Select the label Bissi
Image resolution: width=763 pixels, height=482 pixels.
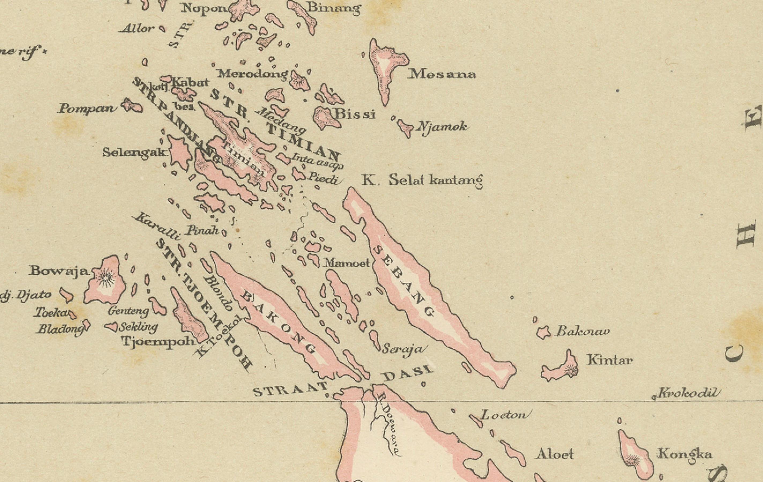(x=355, y=114)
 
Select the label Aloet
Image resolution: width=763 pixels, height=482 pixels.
(x=554, y=454)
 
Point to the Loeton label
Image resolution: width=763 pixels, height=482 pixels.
(x=505, y=415)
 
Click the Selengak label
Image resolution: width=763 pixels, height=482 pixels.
(x=135, y=153)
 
